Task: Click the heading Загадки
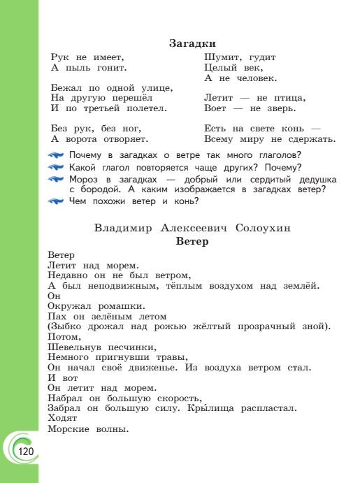[192, 43]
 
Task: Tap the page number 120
[26, 452]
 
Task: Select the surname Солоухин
[264, 228]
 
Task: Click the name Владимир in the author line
[120, 228]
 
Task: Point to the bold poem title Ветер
[192, 241]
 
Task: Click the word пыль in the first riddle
[78, 68]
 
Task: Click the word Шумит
[221, 57]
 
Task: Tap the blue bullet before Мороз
[57, 180]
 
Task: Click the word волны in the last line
[110, 428]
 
